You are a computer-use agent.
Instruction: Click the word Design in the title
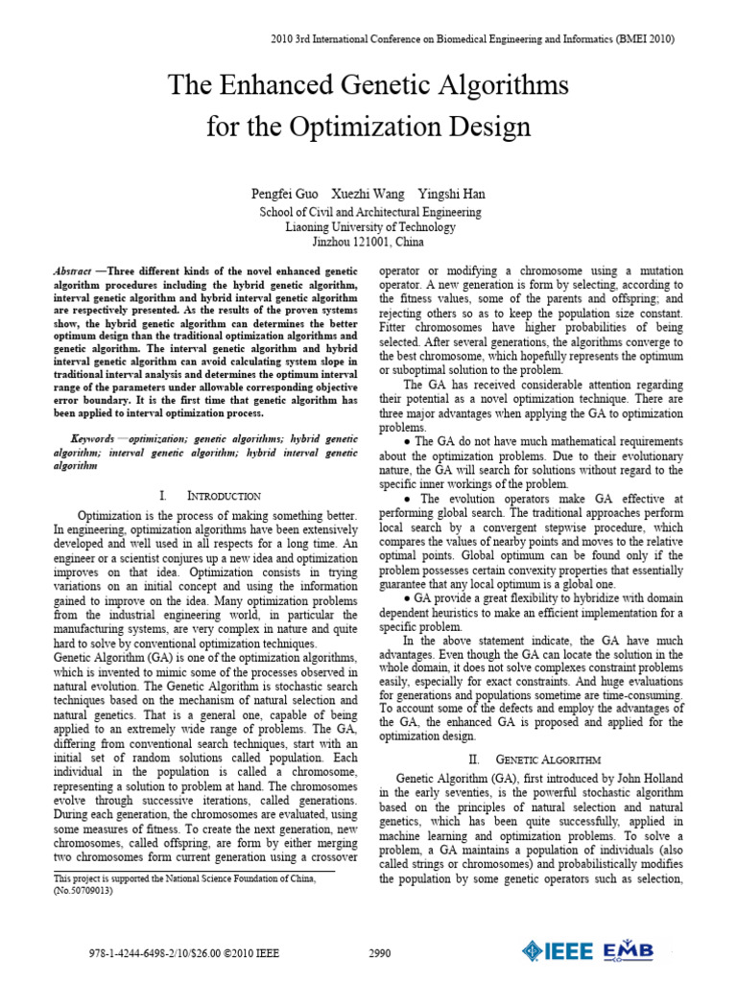pyautogui.click(x=485, y=126)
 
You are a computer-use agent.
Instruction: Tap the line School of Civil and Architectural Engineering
pyautogui.click(x=369, y=212)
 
